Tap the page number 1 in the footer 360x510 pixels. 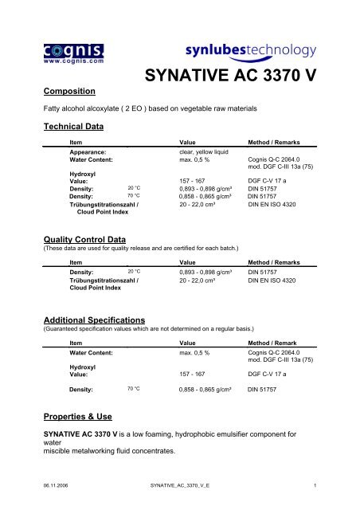315,484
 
